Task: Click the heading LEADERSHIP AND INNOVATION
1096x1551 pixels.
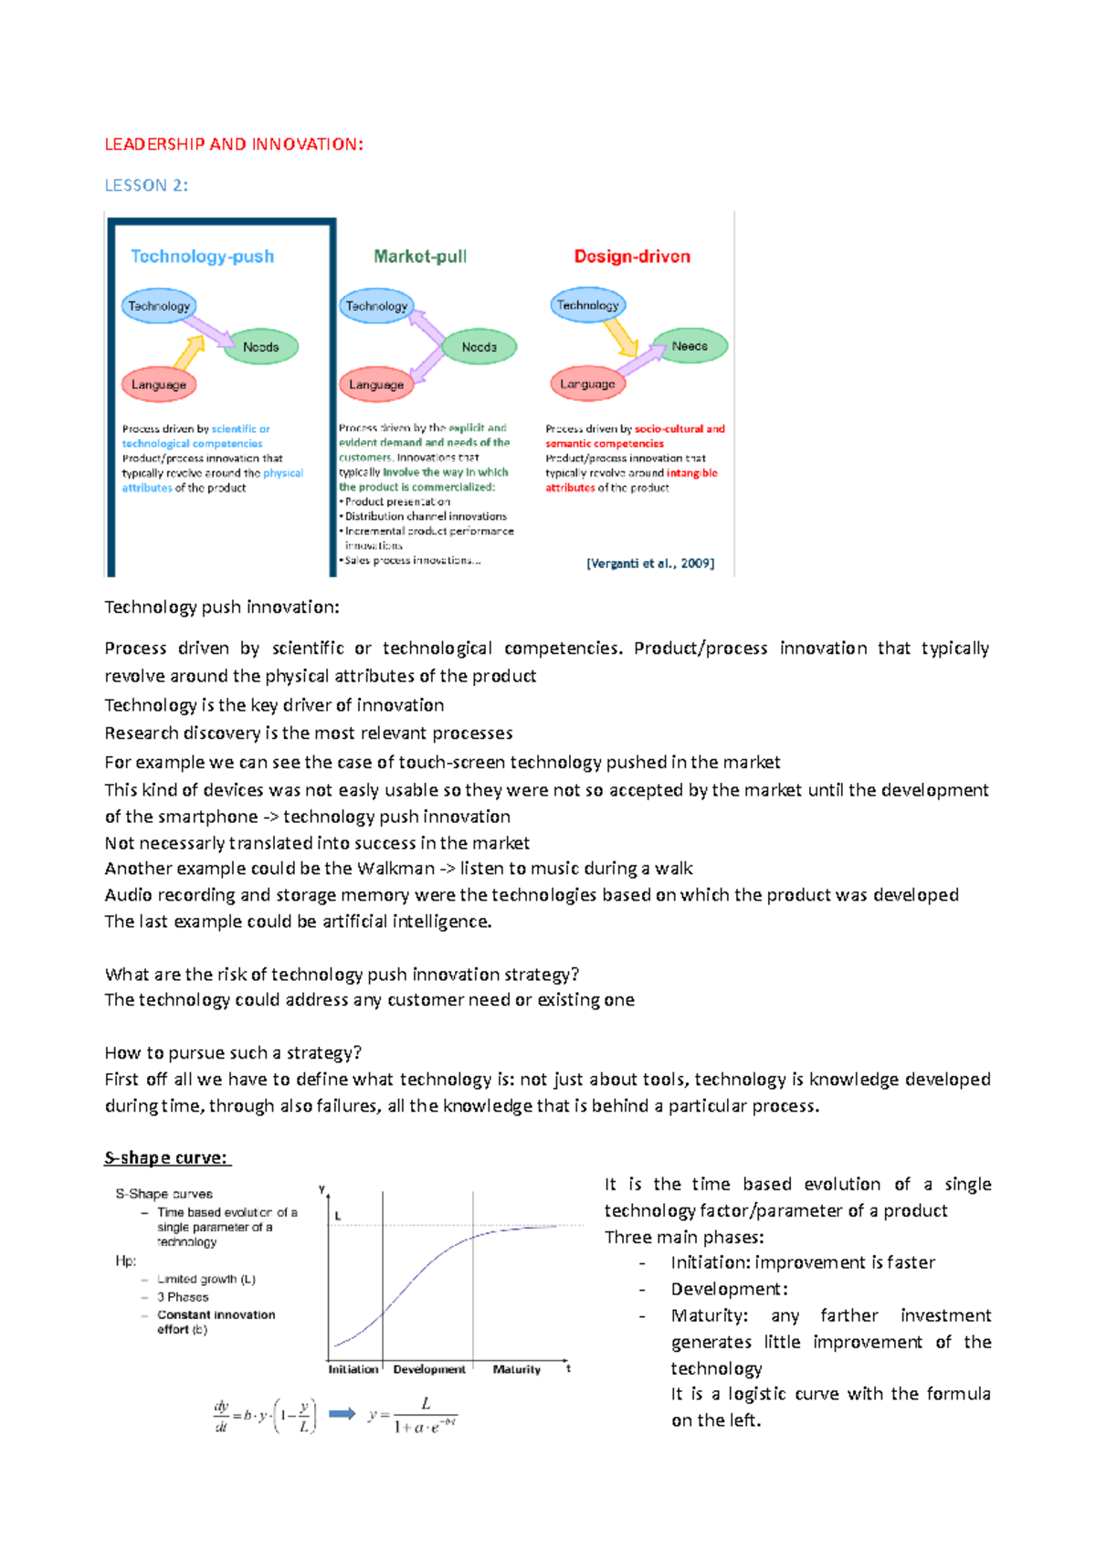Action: (234, 144)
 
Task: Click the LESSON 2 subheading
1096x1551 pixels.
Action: (146, 185)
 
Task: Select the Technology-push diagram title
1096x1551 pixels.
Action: (202, 257)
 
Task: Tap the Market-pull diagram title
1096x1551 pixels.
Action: (420, 257)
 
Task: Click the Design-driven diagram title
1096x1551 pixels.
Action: (632, 257)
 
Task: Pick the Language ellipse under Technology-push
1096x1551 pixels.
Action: (159, 385)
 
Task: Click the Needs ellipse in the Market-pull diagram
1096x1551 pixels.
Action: (479, 347)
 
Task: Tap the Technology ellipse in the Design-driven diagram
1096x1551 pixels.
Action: (587, 305)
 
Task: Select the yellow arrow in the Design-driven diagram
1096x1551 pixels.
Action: (622, 337)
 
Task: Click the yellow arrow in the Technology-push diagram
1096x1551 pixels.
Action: (189, 353)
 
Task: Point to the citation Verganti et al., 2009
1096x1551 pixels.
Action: (650, 564)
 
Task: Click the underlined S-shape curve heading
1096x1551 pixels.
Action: (167, 1158)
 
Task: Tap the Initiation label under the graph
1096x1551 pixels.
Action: (353, 1369)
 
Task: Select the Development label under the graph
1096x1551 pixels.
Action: (429, 1369)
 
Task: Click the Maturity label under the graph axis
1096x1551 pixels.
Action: (517, 1369)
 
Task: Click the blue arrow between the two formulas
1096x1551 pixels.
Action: (342, 1414)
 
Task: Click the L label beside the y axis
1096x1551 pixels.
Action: (338, 1216)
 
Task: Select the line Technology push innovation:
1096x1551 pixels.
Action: (222, 607)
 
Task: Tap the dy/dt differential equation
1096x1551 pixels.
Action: (265, 1416)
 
